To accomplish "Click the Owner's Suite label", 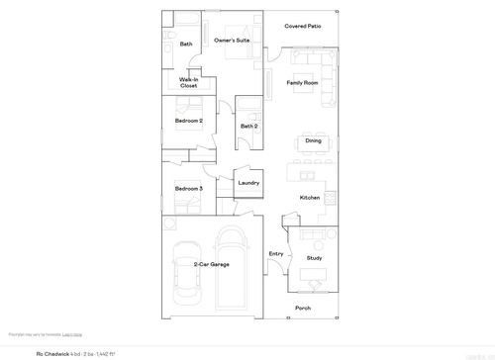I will [232, 41].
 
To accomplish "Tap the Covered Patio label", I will [302, 26].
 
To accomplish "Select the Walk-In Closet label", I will [188, 83].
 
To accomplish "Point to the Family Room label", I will [302, 82].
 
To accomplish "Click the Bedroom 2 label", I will [188, 121].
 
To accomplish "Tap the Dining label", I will [313, 140].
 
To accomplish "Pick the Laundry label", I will [248, 183].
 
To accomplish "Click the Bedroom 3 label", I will [188, 188].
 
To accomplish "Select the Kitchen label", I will [310, 198].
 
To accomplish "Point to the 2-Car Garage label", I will [212, 265].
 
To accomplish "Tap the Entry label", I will [276, 254].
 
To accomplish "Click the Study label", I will [314, 258].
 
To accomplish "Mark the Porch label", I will [303, 309].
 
